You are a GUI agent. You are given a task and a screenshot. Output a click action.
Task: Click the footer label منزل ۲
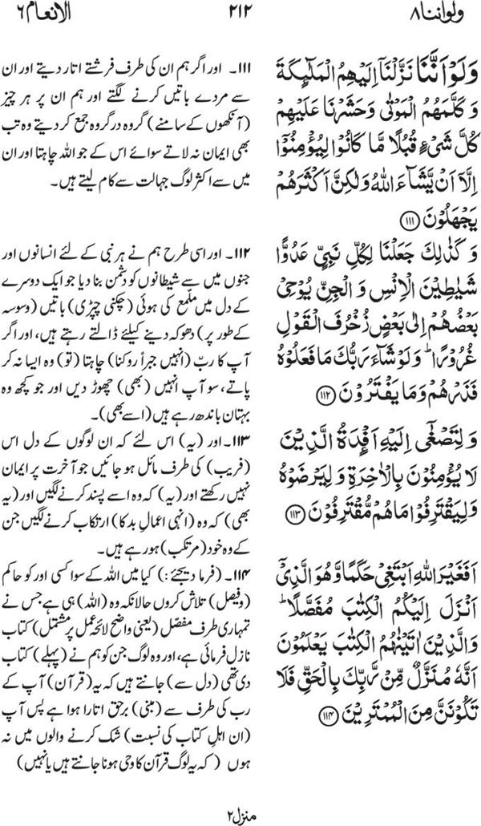click(x=240, y=812)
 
